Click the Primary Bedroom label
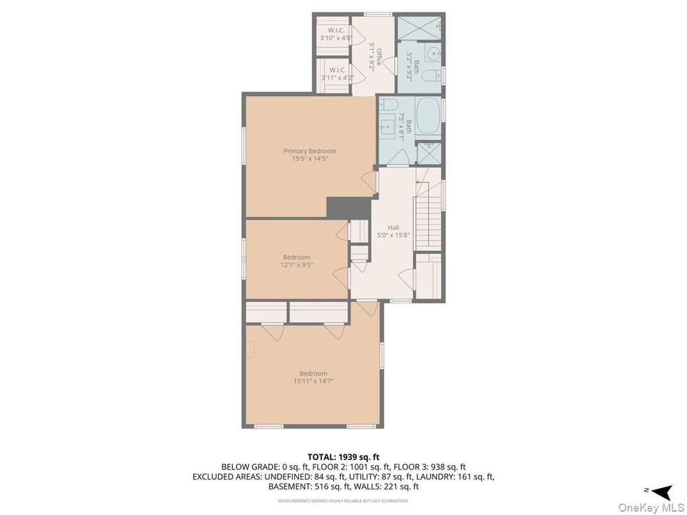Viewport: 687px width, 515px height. pos(310,151)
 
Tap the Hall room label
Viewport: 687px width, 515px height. pos(393,227)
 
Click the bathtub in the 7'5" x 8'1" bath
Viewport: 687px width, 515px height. pos(427,116)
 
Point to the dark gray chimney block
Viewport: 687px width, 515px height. pos(349,208)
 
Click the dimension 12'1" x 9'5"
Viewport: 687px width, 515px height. pos(297,264)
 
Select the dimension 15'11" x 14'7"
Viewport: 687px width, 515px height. pos(313,380)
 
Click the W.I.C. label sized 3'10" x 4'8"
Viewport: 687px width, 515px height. pos(336,30)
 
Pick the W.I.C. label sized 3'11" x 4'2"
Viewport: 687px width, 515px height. pos(337,70)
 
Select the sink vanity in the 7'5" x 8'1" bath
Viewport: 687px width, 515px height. pos(388,126)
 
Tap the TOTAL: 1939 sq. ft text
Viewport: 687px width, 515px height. pos(343,457)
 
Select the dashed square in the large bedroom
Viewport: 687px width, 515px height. pos(251,348)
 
